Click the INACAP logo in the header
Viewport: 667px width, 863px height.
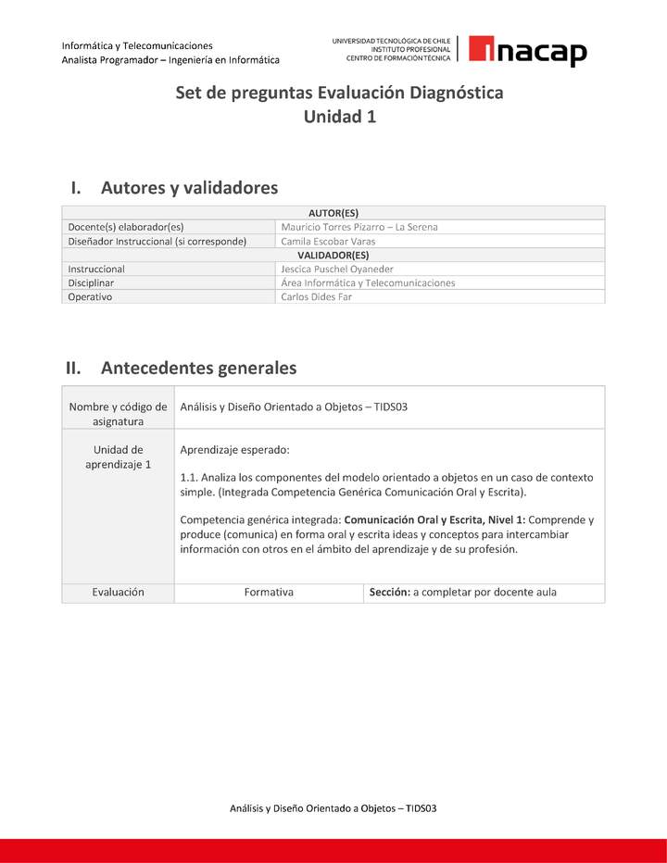tap(527, 51)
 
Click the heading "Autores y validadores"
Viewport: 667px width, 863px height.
tap(189, 188)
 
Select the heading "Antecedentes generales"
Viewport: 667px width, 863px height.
tap(198, 368)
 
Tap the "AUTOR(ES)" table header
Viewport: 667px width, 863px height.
tap(333, 212)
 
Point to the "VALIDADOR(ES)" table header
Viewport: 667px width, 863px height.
tap(333, 255)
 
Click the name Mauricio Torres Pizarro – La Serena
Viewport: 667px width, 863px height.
tap(359, 227)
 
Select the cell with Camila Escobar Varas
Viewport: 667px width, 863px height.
tap(328, 241)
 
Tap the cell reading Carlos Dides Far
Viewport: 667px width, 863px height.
tap(316, 297)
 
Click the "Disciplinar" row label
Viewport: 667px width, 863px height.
tap(91, 283)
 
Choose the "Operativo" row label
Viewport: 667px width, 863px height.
tap(90, 297)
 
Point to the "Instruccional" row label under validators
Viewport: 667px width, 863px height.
tap(96, 269)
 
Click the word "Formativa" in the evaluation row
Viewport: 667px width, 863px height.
tap(269, 593)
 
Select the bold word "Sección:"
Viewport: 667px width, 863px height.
tap(389, 593)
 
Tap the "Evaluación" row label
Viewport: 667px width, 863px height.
tap(118, 593)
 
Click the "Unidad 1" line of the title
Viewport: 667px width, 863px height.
tap(339, 117)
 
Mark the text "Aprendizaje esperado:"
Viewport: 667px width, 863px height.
tap(234, 450)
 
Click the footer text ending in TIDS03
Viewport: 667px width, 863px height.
tap(333, 808)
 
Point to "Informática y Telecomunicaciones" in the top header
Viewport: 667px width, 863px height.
tap(137, 45)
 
